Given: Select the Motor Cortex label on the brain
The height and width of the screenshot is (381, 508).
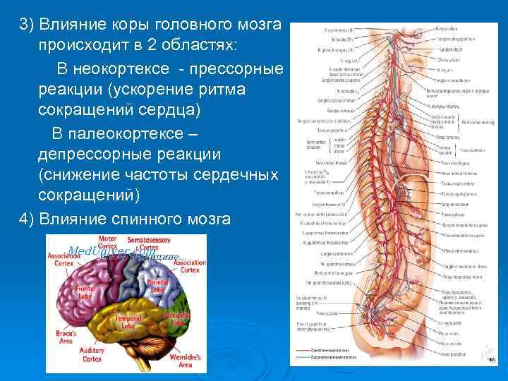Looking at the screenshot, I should pyautogui.click(x=107, y=243).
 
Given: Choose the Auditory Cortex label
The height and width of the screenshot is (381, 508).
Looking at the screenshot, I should pyautogui.click(x=97, y=353).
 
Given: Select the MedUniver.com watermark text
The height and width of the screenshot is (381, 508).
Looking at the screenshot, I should pyautogui.click(x=106, y=252).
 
